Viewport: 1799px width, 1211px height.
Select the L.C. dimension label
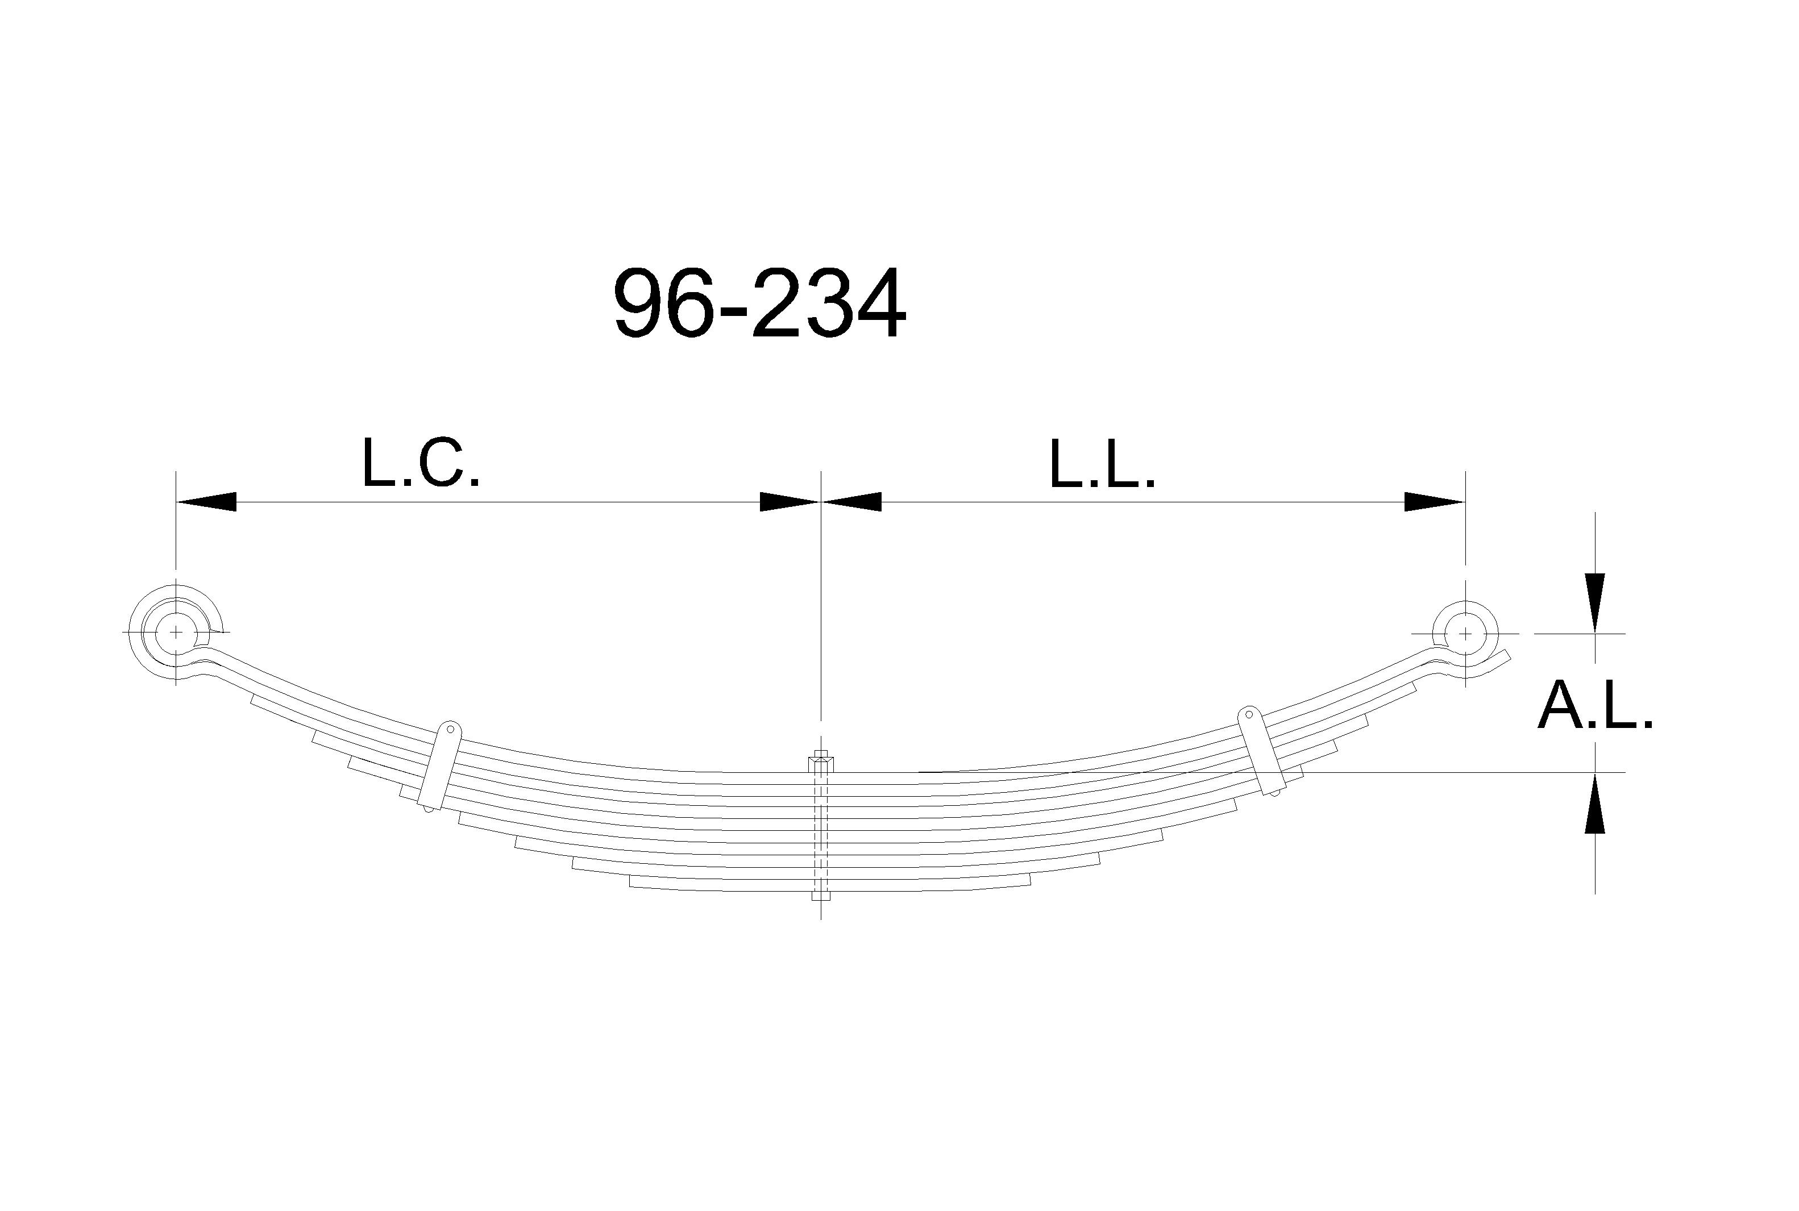tap(421, 464)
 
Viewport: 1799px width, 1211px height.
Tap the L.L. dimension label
tap(1102, 464)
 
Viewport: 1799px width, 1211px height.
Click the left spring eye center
tap(176, 632)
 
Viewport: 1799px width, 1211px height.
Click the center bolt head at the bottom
tap(821, 897)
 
